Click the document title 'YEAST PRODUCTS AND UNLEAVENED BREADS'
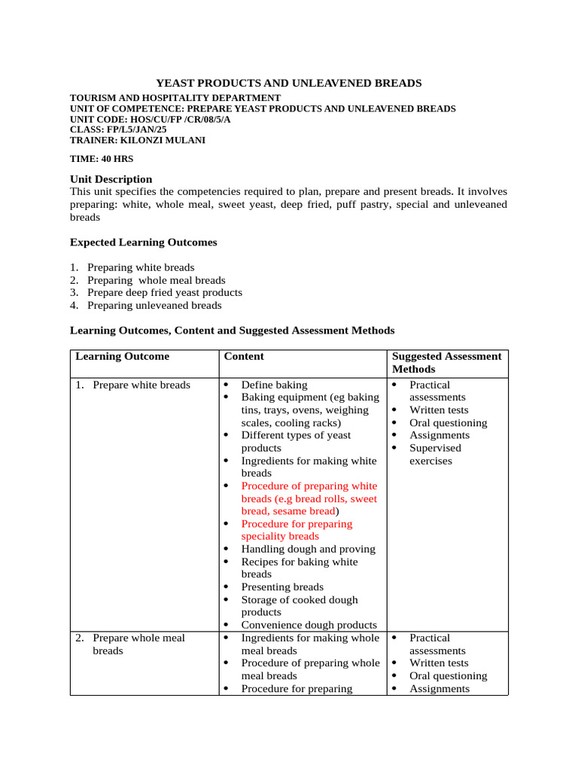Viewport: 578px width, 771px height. (x=288, y=83)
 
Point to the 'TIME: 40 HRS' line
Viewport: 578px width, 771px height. (x=102, y=159)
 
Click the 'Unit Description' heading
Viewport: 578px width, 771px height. (x=111, y=179)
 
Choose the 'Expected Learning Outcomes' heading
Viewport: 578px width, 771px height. (x=143, y=242)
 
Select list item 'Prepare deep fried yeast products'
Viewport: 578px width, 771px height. (x=164, y=292)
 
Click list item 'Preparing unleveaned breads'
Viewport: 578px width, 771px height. (x=154, y=305)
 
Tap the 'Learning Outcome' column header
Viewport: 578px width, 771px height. (x=122, y=356)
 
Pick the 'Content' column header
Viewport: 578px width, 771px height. (x=244, y=356)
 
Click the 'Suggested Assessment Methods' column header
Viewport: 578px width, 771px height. (x=446, y=362)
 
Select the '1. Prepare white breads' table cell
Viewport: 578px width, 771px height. (x=132, y=385)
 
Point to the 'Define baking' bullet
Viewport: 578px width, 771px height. (x=274, y=385)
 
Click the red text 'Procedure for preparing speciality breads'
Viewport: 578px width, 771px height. (x=297, y=530)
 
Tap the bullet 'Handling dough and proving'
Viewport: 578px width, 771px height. (x=308, y=549)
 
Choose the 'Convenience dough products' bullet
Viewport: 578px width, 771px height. (x=309, y=624)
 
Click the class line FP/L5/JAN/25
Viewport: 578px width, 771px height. (x=118, y=130)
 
